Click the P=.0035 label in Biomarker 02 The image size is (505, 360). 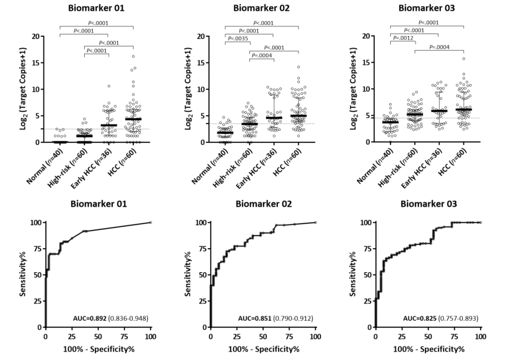237,39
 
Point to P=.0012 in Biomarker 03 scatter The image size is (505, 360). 402,38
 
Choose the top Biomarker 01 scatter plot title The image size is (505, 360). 97,8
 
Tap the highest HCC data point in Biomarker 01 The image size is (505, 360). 133,57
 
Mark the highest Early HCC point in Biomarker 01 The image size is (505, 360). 108,86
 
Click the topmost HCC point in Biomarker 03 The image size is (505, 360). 464,58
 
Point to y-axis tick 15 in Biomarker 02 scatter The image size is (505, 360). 201,63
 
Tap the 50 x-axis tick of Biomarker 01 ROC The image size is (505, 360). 98,337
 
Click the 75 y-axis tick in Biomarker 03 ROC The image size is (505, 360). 367,249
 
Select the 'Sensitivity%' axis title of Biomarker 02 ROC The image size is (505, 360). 189,274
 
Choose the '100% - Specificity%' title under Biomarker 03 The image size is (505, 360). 428,349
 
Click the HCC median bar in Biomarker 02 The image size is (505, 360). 298,115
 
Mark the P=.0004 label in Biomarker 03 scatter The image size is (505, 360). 439,47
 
